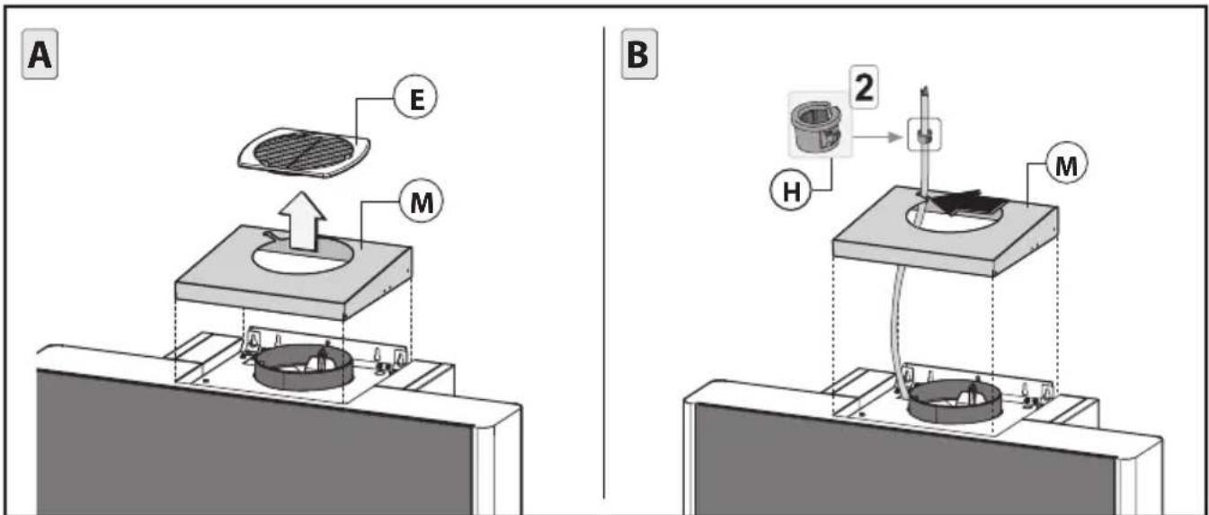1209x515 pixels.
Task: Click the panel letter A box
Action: point(40,54)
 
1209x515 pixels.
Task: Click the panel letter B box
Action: point(639,54)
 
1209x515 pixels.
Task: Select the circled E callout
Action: point(415,98)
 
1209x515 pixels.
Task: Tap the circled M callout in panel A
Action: point(421,202)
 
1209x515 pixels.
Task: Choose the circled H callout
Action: point(791,191)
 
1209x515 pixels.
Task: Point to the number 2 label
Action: point(864,86)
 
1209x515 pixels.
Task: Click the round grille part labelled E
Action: point(305,153)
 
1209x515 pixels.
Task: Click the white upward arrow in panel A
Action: point(302,221)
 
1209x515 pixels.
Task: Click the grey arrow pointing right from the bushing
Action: point(877,138)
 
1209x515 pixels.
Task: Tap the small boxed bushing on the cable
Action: point(924,135)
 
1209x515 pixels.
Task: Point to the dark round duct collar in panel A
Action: point(303,377)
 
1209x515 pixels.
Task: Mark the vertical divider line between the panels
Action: point(604,262)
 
